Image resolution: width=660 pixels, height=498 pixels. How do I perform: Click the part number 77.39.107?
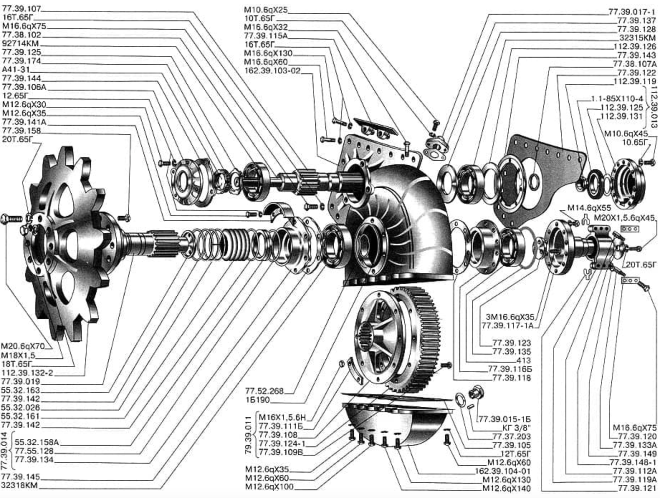[21, 9]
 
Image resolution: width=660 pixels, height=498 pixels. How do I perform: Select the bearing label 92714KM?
[20, 44]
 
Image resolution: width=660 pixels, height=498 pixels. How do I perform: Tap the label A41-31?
[16, 70]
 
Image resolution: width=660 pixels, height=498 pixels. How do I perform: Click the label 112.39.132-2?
[27, 373]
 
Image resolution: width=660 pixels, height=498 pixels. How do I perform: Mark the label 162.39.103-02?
[272, 71]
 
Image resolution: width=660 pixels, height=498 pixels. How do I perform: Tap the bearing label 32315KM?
[638, 38]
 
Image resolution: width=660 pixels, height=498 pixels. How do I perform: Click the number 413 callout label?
[523, 360]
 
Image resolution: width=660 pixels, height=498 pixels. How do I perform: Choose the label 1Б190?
[257, 400]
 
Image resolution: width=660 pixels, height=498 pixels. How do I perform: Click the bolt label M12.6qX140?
[507, 489]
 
